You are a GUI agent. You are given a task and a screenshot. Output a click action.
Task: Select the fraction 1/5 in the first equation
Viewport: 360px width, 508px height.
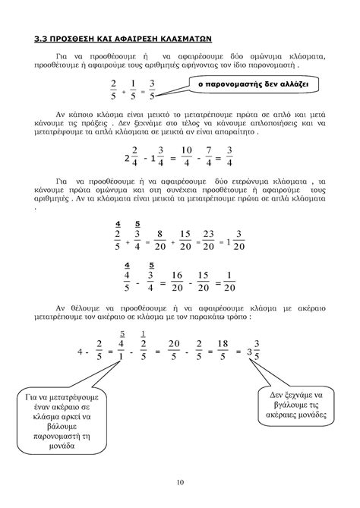coord(133,90)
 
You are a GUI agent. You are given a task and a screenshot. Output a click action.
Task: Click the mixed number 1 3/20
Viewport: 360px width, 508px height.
coord(234,242)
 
